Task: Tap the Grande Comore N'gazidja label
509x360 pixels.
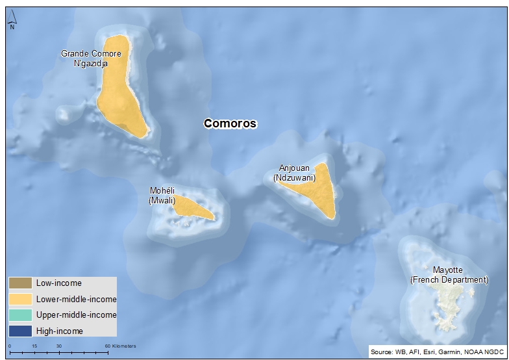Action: (x=84, y=58)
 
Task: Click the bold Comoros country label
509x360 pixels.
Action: (x=230, y=123)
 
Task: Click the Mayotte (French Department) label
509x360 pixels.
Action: (x=449, y=274)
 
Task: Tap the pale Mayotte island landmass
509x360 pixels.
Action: (x=448, y=305)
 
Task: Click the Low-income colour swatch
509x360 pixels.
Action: (x=20, y=283)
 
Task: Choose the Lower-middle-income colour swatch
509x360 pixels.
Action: (x=20, y=299)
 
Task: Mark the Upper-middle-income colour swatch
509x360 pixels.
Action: (x=20, y=315)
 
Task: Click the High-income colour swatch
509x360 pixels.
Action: (x=20, y=331)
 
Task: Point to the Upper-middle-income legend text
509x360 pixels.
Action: (x=76, y=315)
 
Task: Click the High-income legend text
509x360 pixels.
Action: (x=60, y=331)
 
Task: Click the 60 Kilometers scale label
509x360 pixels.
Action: (x=120, y=346)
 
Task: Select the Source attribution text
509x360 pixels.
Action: (x=436, y=352)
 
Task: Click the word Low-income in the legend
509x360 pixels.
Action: (x=58, y=283)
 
